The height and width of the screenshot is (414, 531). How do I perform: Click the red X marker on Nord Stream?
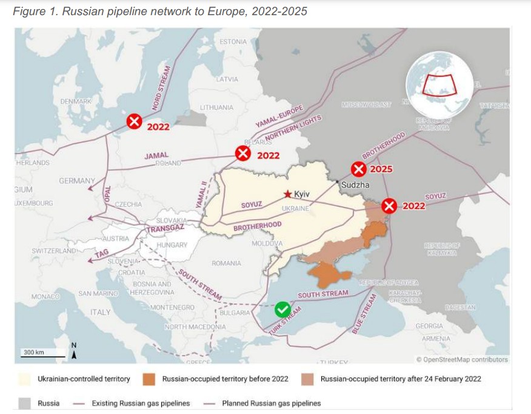coord(134,121)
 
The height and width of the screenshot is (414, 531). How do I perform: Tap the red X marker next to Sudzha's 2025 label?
coord(359,169)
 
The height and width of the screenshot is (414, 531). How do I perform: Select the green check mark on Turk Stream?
coord(282,310)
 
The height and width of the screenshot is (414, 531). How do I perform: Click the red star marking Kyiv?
coord(287,194)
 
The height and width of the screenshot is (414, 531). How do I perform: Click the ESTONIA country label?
coord(233,42)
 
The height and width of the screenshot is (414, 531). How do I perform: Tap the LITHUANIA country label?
coord(216,107)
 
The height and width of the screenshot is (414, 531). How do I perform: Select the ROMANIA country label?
coord(226,263)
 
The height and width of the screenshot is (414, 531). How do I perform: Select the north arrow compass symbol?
coord(74,353)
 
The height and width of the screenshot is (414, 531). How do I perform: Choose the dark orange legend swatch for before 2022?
coord(149,379)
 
